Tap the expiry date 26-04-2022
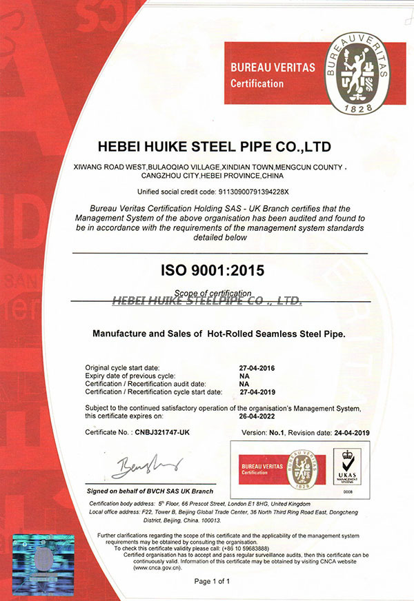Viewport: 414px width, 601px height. pyautogui.click(x=256, y=416)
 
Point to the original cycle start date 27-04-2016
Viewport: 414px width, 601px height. pyautogui.click(x=256, y=368)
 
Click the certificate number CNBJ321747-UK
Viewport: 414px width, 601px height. pyautogui.click(x=164, y=432)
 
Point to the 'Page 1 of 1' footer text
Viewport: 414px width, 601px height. pyautogui.click(x=212, y=582)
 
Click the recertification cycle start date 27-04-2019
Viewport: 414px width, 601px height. pyautogui.click(x=256, y=391)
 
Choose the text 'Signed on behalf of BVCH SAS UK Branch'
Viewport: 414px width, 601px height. pyautogui.click(x=149, y=491)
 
